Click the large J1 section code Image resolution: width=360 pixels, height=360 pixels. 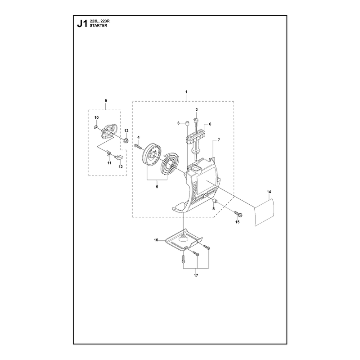point(82,24)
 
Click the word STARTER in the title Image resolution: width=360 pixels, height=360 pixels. point(98,26)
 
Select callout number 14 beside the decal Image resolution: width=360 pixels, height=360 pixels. point(269,192)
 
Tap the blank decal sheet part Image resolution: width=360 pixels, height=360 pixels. point(265,212)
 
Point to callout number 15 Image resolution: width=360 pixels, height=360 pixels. point(238,222)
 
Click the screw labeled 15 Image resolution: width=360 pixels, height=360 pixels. point(238,214)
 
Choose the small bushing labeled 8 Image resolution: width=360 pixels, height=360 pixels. point(216,201)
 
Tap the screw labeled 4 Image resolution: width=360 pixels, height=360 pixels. point(138,146)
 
